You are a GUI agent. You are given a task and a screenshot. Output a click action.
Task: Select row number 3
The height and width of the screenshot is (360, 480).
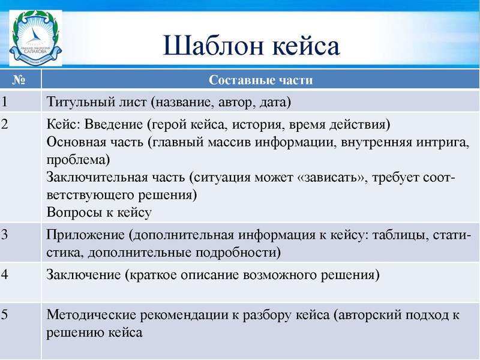click(5, 235)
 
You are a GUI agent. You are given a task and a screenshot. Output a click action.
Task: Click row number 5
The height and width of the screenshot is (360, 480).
click(5, 315)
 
